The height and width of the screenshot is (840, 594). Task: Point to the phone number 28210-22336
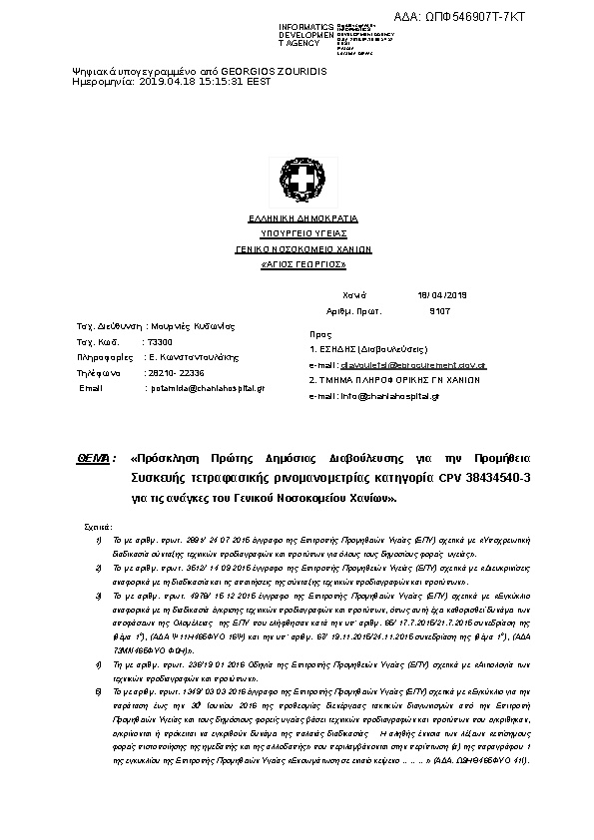point(176,372)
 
